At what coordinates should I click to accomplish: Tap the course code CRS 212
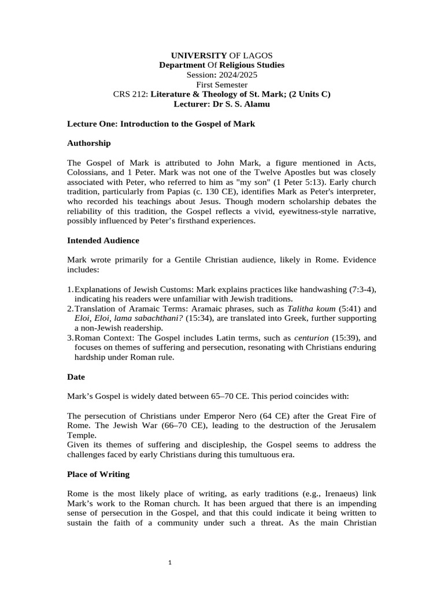coord(130,95)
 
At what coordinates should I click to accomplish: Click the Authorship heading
coord(89,143)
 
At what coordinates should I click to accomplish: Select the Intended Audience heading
coord(103,240)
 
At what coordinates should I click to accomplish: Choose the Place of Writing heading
coord(98,474)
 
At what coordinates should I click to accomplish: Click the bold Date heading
coord(76,377)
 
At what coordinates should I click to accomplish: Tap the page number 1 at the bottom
coord(170,562)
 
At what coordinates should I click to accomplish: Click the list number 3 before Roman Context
coord(70,338)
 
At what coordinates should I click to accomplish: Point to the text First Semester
coord(222,85)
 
